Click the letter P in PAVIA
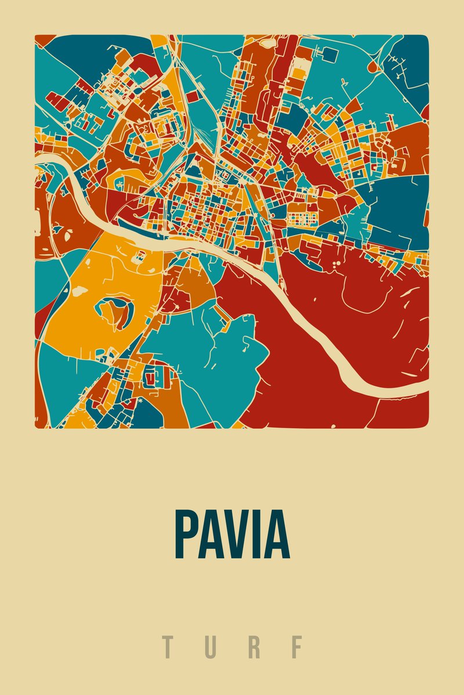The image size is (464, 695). pos(187,534)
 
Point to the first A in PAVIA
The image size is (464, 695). pos(211,534)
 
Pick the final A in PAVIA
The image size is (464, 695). pos(277,534)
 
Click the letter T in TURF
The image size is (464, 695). pos(168,647)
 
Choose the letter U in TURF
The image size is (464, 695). pos(211,647)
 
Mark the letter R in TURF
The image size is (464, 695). pos(253,647)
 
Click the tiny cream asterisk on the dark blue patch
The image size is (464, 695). pos(140,401)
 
